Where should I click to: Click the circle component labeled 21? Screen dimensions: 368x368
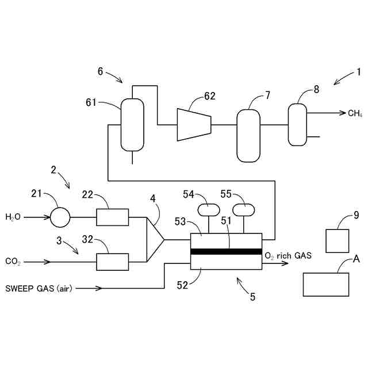pyautogui.click(x=60, y=217)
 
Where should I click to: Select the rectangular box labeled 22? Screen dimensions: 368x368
pyautogui.click(x=113, y=217)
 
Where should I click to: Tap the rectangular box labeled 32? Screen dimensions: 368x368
pyautogui.click(x=113, y=262)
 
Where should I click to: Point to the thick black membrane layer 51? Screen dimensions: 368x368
pyautogui.click(x=226, y=251)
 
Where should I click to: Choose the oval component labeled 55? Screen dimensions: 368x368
pyautogui.click(x=243, y=208)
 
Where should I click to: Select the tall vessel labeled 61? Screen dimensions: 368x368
pyautogui.click(x=132, y=124)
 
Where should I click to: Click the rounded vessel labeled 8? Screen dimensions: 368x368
pyautogui.click(x=297, y=124)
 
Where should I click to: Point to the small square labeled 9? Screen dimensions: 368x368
pyautogui.click(x=338, y=240)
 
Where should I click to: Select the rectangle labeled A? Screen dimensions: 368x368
pyautogui.click(x=326, y=284)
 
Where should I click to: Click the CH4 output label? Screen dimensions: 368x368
pyautogui.click(x=355, y=113)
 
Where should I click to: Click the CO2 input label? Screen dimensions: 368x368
pyautogui.click(x=13, y=262)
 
